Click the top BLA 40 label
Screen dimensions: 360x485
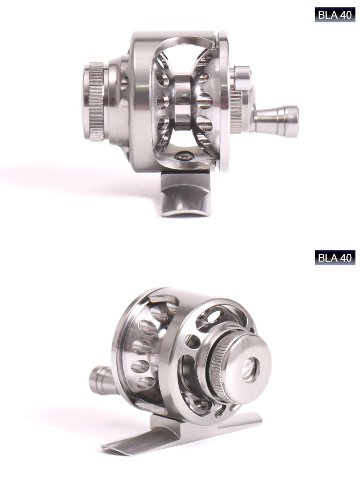point(335,15)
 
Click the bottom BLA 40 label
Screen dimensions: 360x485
point(335,258)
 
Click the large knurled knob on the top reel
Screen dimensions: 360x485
point(97,102)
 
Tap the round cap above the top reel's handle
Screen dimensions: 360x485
point(242,78)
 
